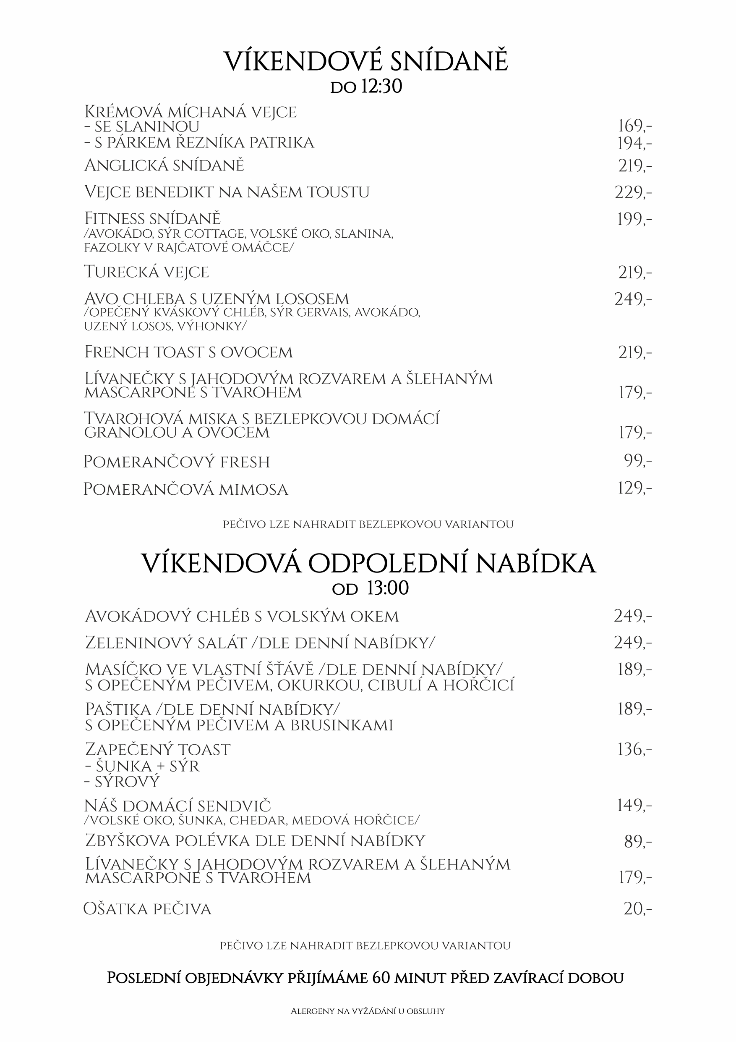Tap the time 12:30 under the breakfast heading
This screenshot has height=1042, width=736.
[381, 87]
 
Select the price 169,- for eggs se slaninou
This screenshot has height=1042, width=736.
[634, 126]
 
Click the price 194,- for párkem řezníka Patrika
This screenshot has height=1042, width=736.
[634, 143]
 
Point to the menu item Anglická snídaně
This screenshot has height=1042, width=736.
[164, 165]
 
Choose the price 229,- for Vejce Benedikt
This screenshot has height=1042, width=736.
[633, 193]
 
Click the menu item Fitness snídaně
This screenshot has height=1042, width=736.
[152, 219]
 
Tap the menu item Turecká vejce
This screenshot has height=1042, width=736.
[146, 272]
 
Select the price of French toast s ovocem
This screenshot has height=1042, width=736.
[634, 353]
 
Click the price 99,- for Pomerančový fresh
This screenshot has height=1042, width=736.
[637, 461]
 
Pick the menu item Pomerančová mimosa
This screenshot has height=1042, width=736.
[185, 489]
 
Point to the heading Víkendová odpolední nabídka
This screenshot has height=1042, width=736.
[368, 564]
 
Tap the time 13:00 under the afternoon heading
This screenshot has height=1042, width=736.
[388, 589]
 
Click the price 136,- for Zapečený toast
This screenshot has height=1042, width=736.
[634, 749]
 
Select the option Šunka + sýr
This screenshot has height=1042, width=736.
[142, 766]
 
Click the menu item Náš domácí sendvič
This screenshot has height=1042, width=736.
[177, 806]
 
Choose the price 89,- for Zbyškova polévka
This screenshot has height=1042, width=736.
[637, 842]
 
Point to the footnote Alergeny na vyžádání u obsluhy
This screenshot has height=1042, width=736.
[367, 1011]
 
